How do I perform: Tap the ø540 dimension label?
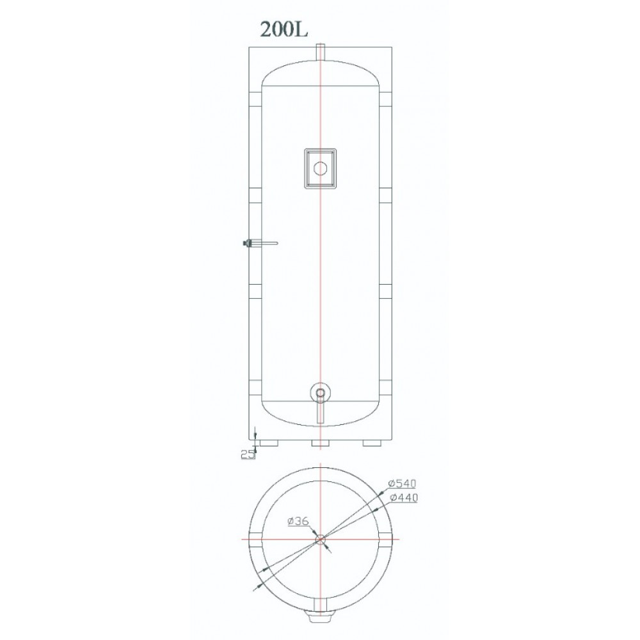402,484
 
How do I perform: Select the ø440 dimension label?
404,497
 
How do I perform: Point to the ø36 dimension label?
298,521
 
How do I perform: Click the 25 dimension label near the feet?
246,454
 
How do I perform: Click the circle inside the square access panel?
321,168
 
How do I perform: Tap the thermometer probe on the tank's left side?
260,243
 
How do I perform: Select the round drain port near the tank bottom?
321,393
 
